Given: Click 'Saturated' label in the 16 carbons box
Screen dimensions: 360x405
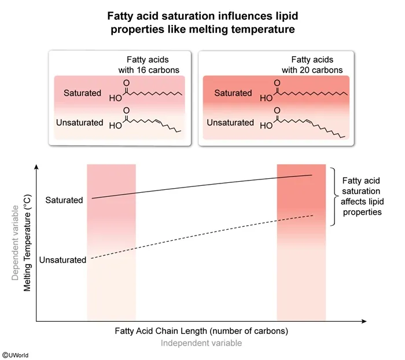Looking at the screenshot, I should [83, 93].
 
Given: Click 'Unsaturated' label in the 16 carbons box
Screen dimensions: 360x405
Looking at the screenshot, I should [79, 123].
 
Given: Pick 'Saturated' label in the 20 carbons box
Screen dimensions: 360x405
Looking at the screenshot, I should [233, 93].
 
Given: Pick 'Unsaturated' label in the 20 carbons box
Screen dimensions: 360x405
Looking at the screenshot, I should [230, 123].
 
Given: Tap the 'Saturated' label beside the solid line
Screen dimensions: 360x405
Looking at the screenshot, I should [64, 200].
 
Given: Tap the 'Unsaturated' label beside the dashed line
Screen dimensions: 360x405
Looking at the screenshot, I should [62, 260].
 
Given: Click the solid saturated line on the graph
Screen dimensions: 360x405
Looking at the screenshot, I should [203, 186].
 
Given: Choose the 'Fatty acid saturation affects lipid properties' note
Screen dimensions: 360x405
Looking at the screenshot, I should [362, 196].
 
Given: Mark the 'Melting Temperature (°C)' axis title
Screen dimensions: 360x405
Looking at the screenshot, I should [27, 242].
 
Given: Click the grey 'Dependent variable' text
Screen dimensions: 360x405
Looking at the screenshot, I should [14, 242].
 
